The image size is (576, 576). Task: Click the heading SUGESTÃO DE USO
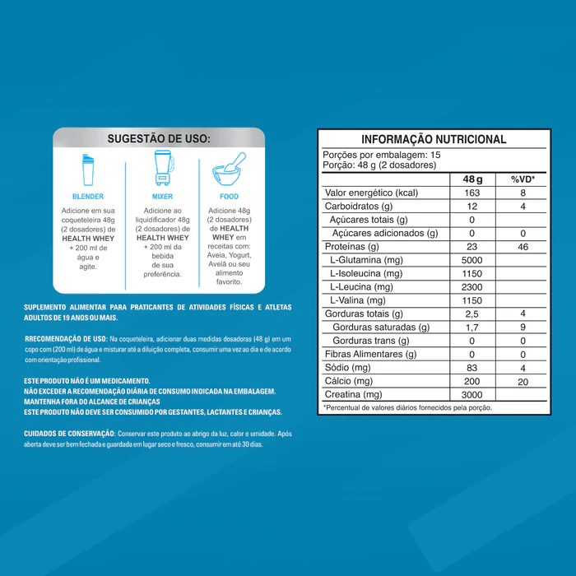[159, 138]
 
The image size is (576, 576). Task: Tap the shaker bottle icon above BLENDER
[88, 170]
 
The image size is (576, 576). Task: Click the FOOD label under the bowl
[229, 197]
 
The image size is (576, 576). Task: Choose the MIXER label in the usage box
[162, 197]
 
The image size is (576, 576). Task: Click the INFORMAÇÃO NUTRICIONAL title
[434, 140]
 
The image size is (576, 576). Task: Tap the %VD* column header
[523, 179]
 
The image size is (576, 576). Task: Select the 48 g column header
[473, 179]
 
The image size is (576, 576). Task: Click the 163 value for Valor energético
[473, 193]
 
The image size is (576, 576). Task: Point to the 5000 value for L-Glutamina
[473, 260]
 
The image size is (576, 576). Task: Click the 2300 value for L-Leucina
[473, 287]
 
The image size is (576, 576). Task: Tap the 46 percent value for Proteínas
[523, 247]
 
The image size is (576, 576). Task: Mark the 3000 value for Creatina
[473, 394]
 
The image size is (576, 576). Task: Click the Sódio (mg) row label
[349, 367]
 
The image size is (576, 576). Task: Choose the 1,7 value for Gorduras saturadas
[473, 327]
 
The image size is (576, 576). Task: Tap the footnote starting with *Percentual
[407, 407]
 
